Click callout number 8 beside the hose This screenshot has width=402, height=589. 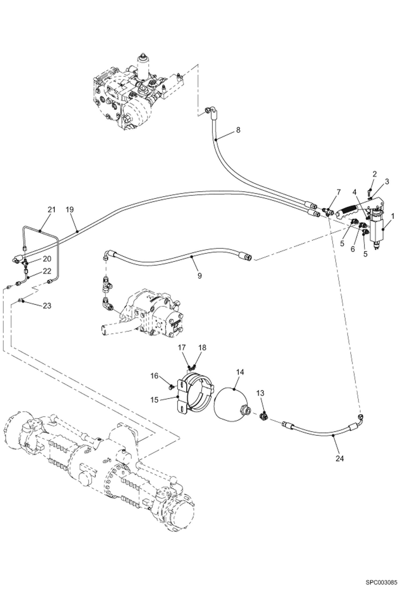click(x=238, y=130)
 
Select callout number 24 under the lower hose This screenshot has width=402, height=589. click(x=339, y=459)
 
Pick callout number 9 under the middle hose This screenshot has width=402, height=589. click(x=199, y=276)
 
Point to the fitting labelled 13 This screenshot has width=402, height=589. click(x=264, y=416)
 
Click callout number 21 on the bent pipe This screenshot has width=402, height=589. click(x=52, y=210)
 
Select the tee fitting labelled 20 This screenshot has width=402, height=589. click(x=25, y=263)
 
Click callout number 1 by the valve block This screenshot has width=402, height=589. click(x=393, y=216)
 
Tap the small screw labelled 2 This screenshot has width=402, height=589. click(x=370, y=192)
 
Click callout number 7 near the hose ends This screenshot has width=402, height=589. click(x=338, y=192)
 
